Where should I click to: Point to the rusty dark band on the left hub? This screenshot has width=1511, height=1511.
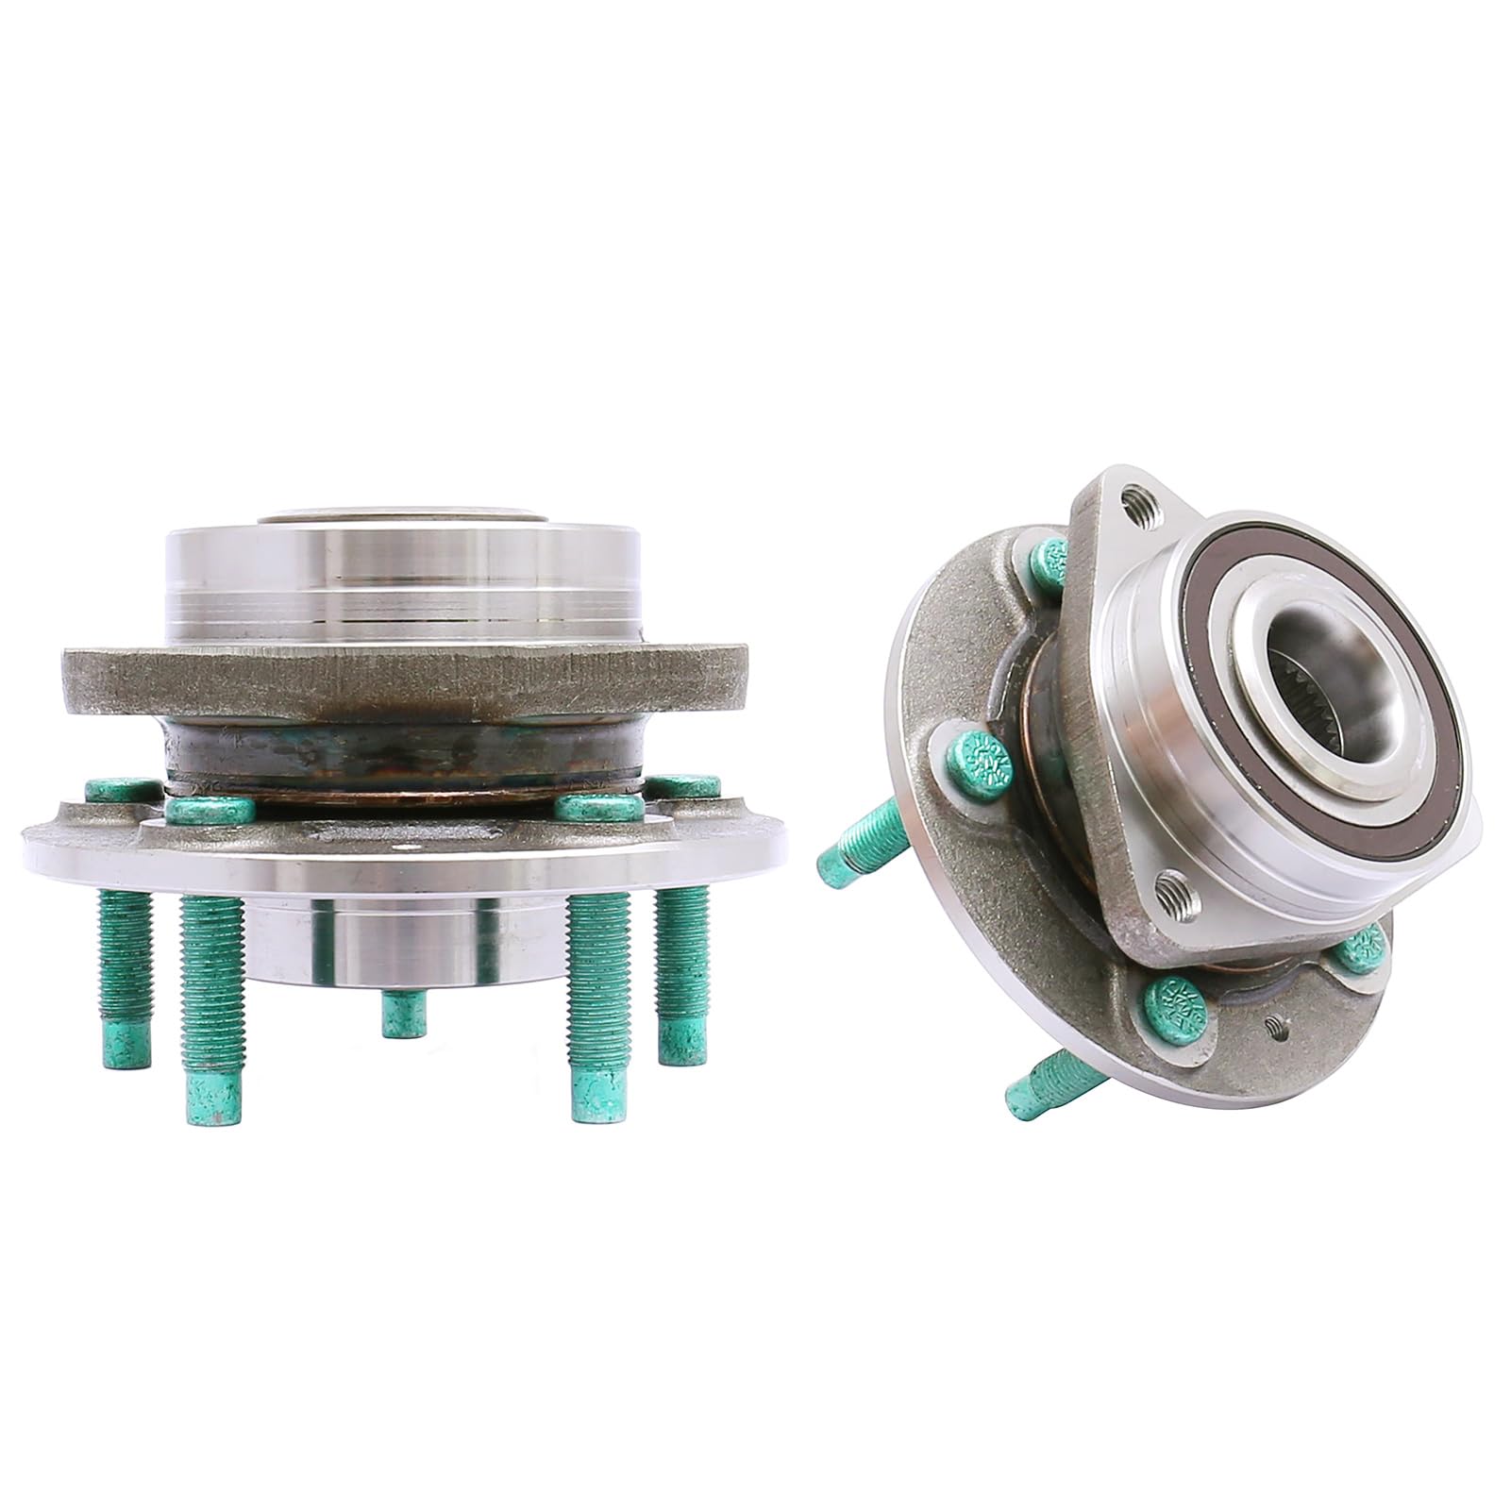pyautogui.click(x=406, y=747)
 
